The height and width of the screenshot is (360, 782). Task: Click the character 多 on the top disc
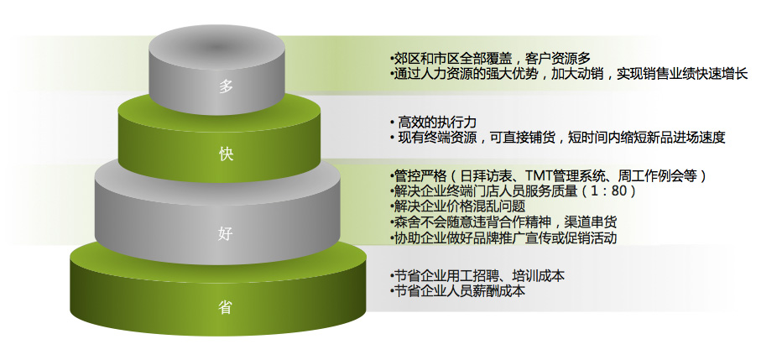[226, 86]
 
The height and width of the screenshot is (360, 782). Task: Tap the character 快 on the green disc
[226, 154]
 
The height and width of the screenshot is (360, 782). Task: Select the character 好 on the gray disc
[226, 232]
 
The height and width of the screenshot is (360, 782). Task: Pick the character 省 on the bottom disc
[226, 308]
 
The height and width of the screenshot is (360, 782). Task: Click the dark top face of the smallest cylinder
[217, 46]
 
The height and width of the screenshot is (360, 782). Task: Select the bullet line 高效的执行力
[433, 122]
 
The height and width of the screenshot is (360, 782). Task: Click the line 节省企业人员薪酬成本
[457, 290]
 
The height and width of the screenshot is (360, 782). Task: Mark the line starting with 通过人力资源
[569, 74]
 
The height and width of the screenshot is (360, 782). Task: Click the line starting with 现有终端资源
[557, 137]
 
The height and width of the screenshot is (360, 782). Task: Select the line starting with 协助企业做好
[503, 237]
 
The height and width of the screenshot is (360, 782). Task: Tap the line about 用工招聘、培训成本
[477, 275]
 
